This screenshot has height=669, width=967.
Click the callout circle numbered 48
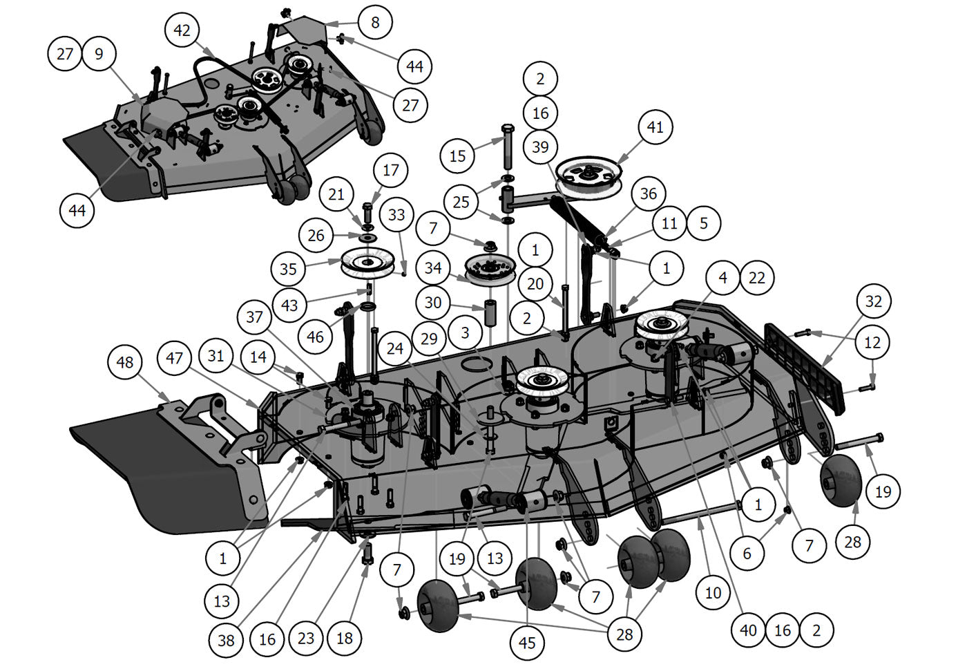(125, 362)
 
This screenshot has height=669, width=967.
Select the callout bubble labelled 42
(182, 30)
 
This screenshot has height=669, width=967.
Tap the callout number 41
(655, 127)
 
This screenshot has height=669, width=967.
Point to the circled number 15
(457, 156)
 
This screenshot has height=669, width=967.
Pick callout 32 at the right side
(874, 301)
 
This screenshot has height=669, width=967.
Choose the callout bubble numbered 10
(713, 592)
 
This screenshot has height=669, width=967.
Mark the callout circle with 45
(527, 643)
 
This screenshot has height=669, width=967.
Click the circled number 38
(226, 640)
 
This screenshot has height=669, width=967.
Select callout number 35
(288, 269)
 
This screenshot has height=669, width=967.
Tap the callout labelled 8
(375, 22)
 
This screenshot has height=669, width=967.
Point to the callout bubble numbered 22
(757, 278)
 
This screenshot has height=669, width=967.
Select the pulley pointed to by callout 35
(371, 263)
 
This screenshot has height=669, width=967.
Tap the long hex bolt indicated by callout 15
(506, 149)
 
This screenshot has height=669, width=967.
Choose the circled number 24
(394, 348)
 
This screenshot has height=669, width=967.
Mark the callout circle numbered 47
(174, 358)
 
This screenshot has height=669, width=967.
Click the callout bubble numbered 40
(748, 630)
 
